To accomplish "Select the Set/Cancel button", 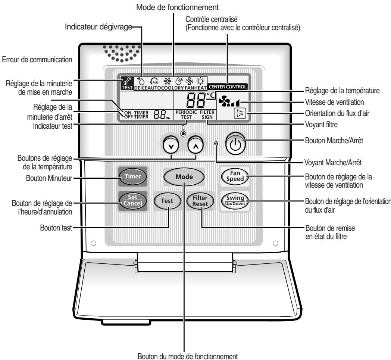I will click(x=133, y=198).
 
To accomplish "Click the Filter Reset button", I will click(x=200, y=201).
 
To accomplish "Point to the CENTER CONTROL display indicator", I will click(x=227, y=87).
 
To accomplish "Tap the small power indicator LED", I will click(x=216, y=144).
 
